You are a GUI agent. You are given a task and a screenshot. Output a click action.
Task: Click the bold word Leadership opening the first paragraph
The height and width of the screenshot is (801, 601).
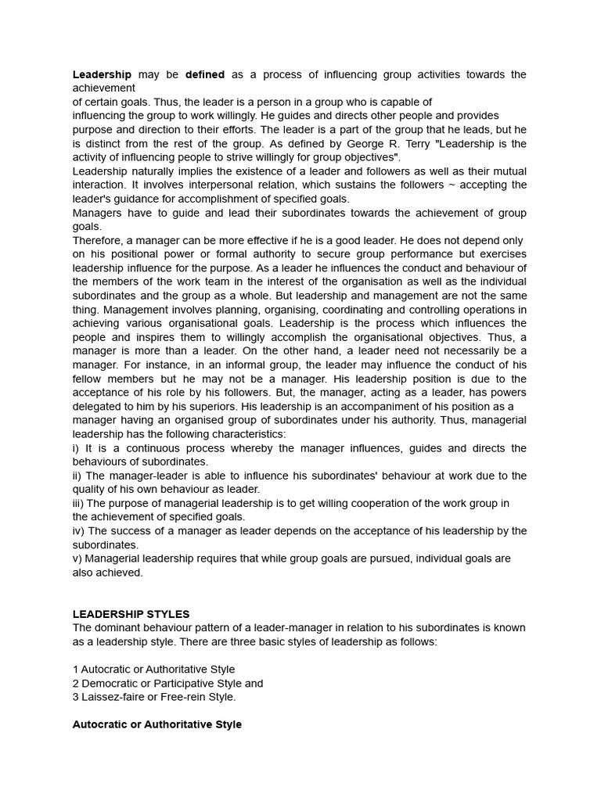click(102, 74)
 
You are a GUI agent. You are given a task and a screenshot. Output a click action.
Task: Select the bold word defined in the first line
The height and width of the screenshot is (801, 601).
click(204, 74)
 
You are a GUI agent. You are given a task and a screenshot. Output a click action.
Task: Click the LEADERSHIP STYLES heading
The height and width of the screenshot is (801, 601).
click(131, 614)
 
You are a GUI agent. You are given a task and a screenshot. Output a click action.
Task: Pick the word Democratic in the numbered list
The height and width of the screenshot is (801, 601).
click(108, 683)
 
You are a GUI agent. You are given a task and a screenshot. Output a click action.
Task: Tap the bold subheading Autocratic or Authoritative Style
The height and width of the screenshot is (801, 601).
click(157, 724)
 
